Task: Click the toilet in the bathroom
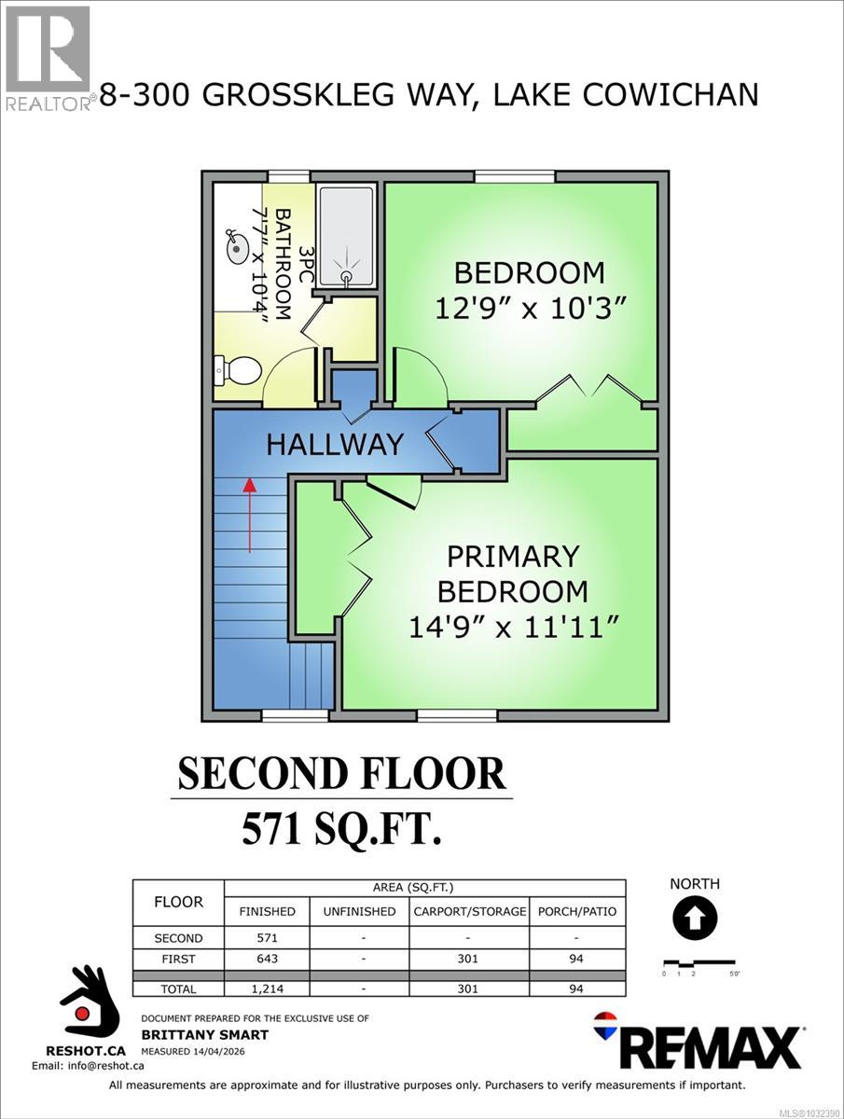tap(238, 371)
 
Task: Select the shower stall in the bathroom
tap(346, 234)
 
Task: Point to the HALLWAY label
tap(335, 444)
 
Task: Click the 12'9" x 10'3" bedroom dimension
tap(529, 309)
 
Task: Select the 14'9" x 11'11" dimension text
tap(514, 628)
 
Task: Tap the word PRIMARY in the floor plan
tap(513, 557)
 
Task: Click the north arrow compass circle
tap(694, 919)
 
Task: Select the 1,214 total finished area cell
tap(267, 988)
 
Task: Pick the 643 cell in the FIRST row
tap(267, 959)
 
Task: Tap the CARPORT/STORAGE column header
tap(470, 911)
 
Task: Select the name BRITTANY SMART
tap(204, 1034)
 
